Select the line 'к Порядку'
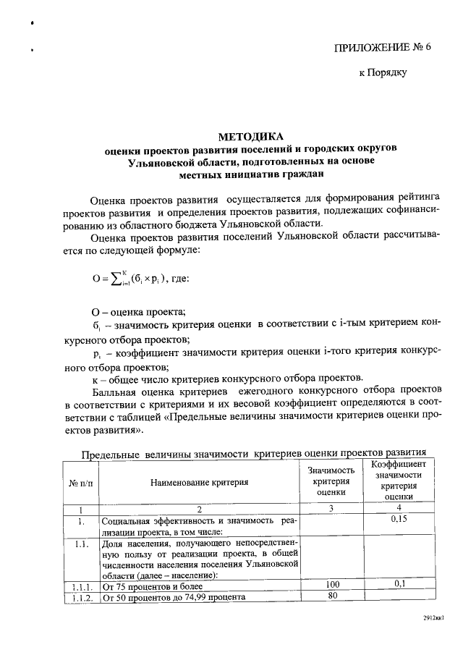(383, 72)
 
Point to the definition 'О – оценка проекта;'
(138, 311)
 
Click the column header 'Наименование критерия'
(200, 482)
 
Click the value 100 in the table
(332, 584)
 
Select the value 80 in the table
(332, 596)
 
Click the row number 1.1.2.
(81, 597)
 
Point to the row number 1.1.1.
(81, 585)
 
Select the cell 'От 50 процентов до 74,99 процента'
(174, 597)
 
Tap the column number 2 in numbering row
(199, 509)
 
